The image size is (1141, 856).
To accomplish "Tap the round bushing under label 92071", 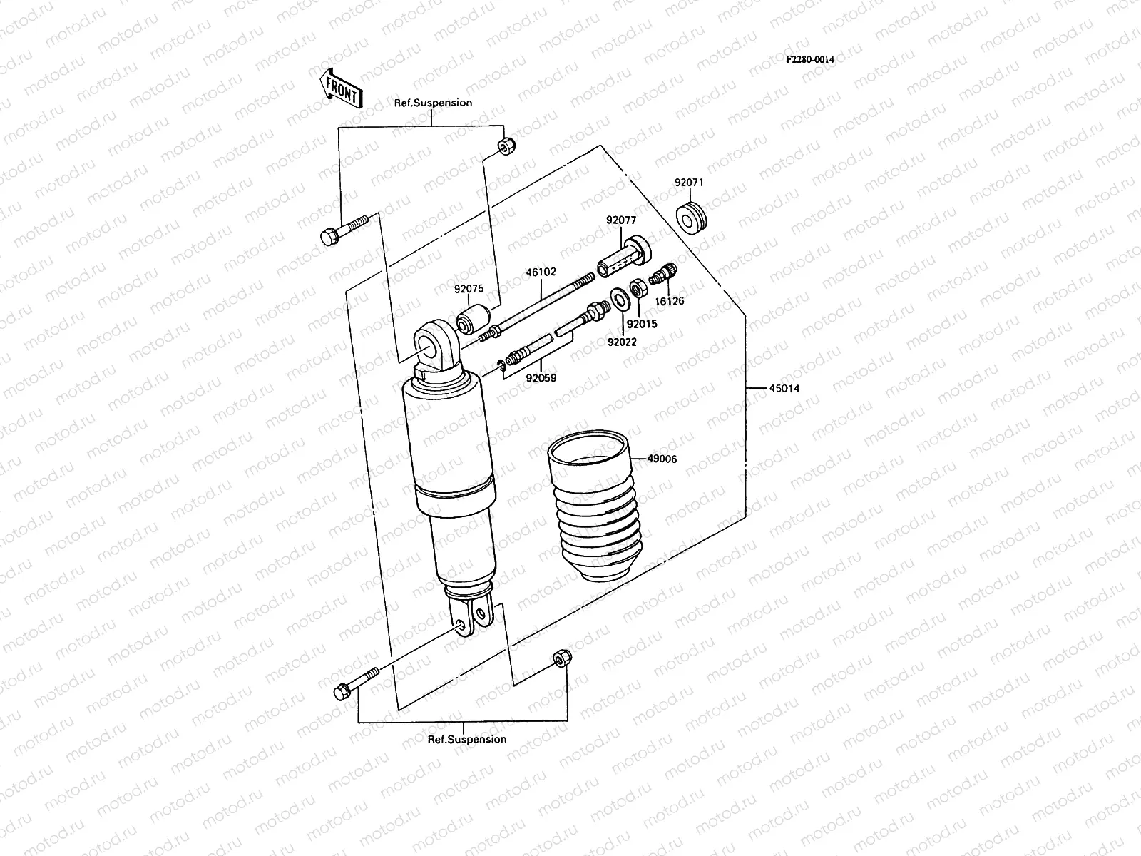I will click(690, 218).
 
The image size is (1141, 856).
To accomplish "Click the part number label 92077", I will click(621, 220).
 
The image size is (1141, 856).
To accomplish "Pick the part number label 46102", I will click(541, 272).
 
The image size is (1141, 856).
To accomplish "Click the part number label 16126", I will click(669, 301).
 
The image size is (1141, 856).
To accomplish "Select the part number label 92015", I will click(642, 323).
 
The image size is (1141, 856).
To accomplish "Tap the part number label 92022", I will click(622, 342).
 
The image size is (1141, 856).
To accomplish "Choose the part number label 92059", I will click(541, 378).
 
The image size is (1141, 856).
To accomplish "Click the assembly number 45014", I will click(784, 389).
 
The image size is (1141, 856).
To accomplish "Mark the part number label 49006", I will click(662, 459).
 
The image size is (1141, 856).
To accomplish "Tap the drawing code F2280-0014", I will click(809, 60).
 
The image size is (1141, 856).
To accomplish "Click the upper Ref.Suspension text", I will click(433, 103).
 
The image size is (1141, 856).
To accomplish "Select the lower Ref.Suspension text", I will click(467, 739).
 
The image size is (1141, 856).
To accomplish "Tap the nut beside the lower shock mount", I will click(560, 658).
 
